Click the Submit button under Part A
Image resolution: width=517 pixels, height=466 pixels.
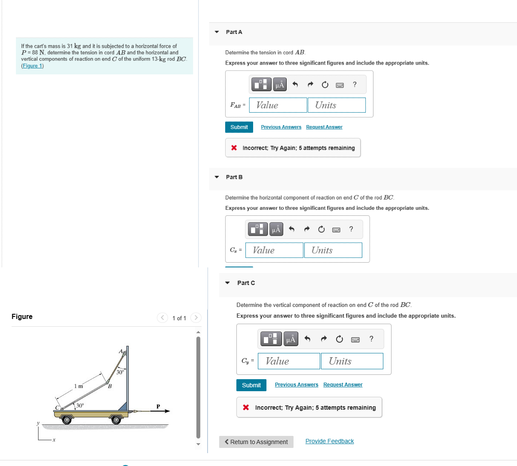tap(239, 127)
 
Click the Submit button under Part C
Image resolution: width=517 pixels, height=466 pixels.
tap(251, 385)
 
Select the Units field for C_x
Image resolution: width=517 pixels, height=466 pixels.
tap(333, 250)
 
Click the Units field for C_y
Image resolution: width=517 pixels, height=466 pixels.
tap(352, 361)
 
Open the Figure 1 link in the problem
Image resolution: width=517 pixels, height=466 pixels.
tap(32, 66)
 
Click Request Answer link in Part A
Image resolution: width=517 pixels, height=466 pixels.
tap(324, 127)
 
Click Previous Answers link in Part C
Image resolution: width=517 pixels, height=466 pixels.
tap(297, 385)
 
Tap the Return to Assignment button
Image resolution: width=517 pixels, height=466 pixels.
tap(256, 442)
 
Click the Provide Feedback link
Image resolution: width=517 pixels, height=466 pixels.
tap(330, 441)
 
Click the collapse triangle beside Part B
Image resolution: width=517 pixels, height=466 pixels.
tap(217, 177)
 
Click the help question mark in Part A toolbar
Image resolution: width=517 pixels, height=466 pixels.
tap(355, 84)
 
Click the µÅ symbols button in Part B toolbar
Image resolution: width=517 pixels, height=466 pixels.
tap(276, 230)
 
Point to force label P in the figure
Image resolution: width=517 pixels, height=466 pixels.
tap(158, 406)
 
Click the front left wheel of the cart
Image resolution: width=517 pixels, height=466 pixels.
tap(67, 419)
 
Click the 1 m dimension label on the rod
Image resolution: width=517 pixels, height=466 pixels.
tap(78, 386)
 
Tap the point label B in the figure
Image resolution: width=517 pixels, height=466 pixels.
tap(110, 386)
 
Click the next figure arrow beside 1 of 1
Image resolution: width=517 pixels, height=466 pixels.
tap(196, 318)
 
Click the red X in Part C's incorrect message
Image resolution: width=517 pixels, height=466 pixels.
tap(246, 408)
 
